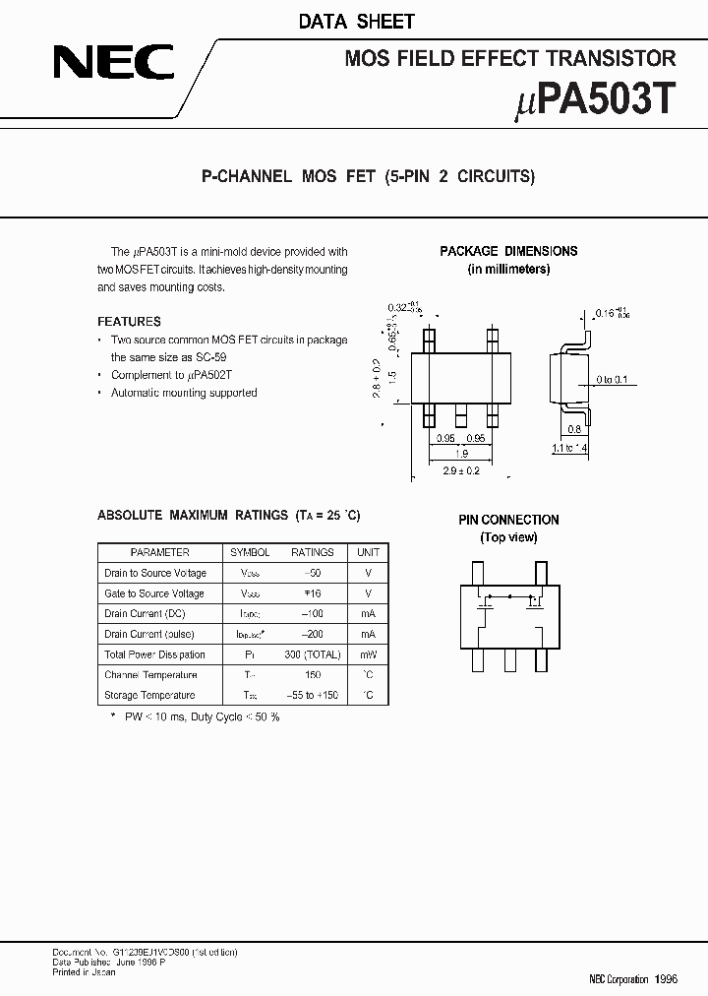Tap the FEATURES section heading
click(129, 322)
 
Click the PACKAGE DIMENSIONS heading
click(508, 251)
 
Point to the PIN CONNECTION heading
click(508, 520)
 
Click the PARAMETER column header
click(159, 553)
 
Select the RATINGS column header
click(312, 553)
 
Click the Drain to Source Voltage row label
click(155, 573)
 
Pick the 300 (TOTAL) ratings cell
click(312, 654)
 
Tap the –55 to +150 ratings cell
click(312, 695)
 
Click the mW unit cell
click(368, 654)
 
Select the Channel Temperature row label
click(150, 675)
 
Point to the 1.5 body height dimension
click(391, 376)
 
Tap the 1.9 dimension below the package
click(460, 454)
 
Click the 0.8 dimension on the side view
click(573, 429)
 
